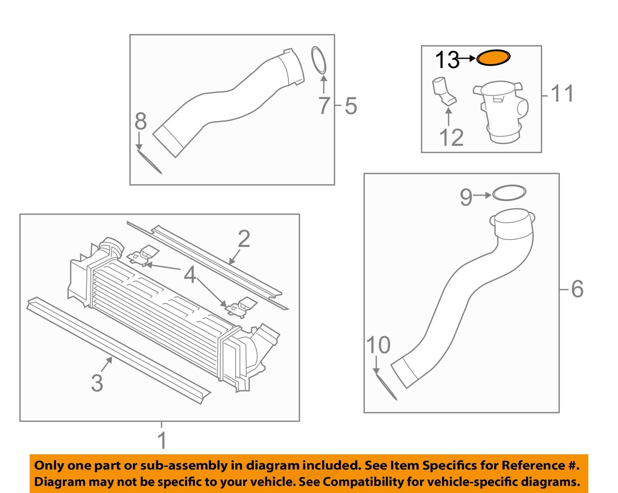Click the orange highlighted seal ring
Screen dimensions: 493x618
[493, 58]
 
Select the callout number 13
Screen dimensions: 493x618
[447, 60]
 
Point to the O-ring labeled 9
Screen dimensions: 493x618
[509, 192]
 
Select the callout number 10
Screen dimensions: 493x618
[378, 345]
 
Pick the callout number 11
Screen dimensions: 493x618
[562, 94]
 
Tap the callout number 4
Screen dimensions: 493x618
[190, 275]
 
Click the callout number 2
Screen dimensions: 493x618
[244, 239]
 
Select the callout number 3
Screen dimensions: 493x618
[97, 383]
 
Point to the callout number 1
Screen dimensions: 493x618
[162, 440]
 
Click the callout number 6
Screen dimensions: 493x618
[577, 289]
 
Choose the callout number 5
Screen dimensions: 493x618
[351, 106]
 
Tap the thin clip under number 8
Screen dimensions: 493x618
[150, 162]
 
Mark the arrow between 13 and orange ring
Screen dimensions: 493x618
[467, 58]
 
